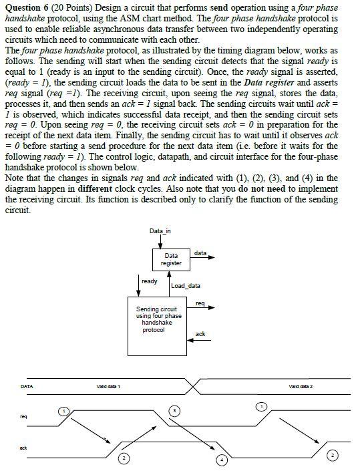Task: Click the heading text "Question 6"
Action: click(28, 7)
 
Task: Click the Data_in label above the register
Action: click(160, 231)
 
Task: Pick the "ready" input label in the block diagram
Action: click(148, 281)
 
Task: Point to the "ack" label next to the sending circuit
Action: click(200, 333)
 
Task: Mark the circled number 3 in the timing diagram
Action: click(175, 410)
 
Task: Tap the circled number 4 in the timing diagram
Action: click(221, 460)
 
